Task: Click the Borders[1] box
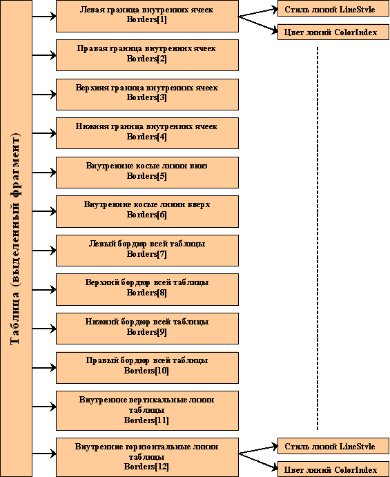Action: point(147,16)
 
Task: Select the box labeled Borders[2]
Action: point(147,55)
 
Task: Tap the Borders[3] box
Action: point(147,95)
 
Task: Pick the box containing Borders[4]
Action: point(147,133)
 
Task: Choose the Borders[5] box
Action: point(147,173)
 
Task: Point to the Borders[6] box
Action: point(147,211)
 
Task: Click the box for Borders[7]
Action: point(147,251)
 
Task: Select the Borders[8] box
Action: point(147,290)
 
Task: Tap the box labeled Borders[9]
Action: point(147,329)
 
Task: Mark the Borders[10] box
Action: point(147,368)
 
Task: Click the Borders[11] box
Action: point(147,411)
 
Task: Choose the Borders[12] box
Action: point(147,457)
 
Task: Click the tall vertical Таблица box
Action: point(16,239)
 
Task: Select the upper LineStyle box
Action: point(333,10)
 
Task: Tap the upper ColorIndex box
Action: point(333,32)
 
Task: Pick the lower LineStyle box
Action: point(333,447)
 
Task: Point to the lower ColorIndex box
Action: point(333,469)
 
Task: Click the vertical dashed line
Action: point(318,239)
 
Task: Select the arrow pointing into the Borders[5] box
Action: point(44,173)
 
